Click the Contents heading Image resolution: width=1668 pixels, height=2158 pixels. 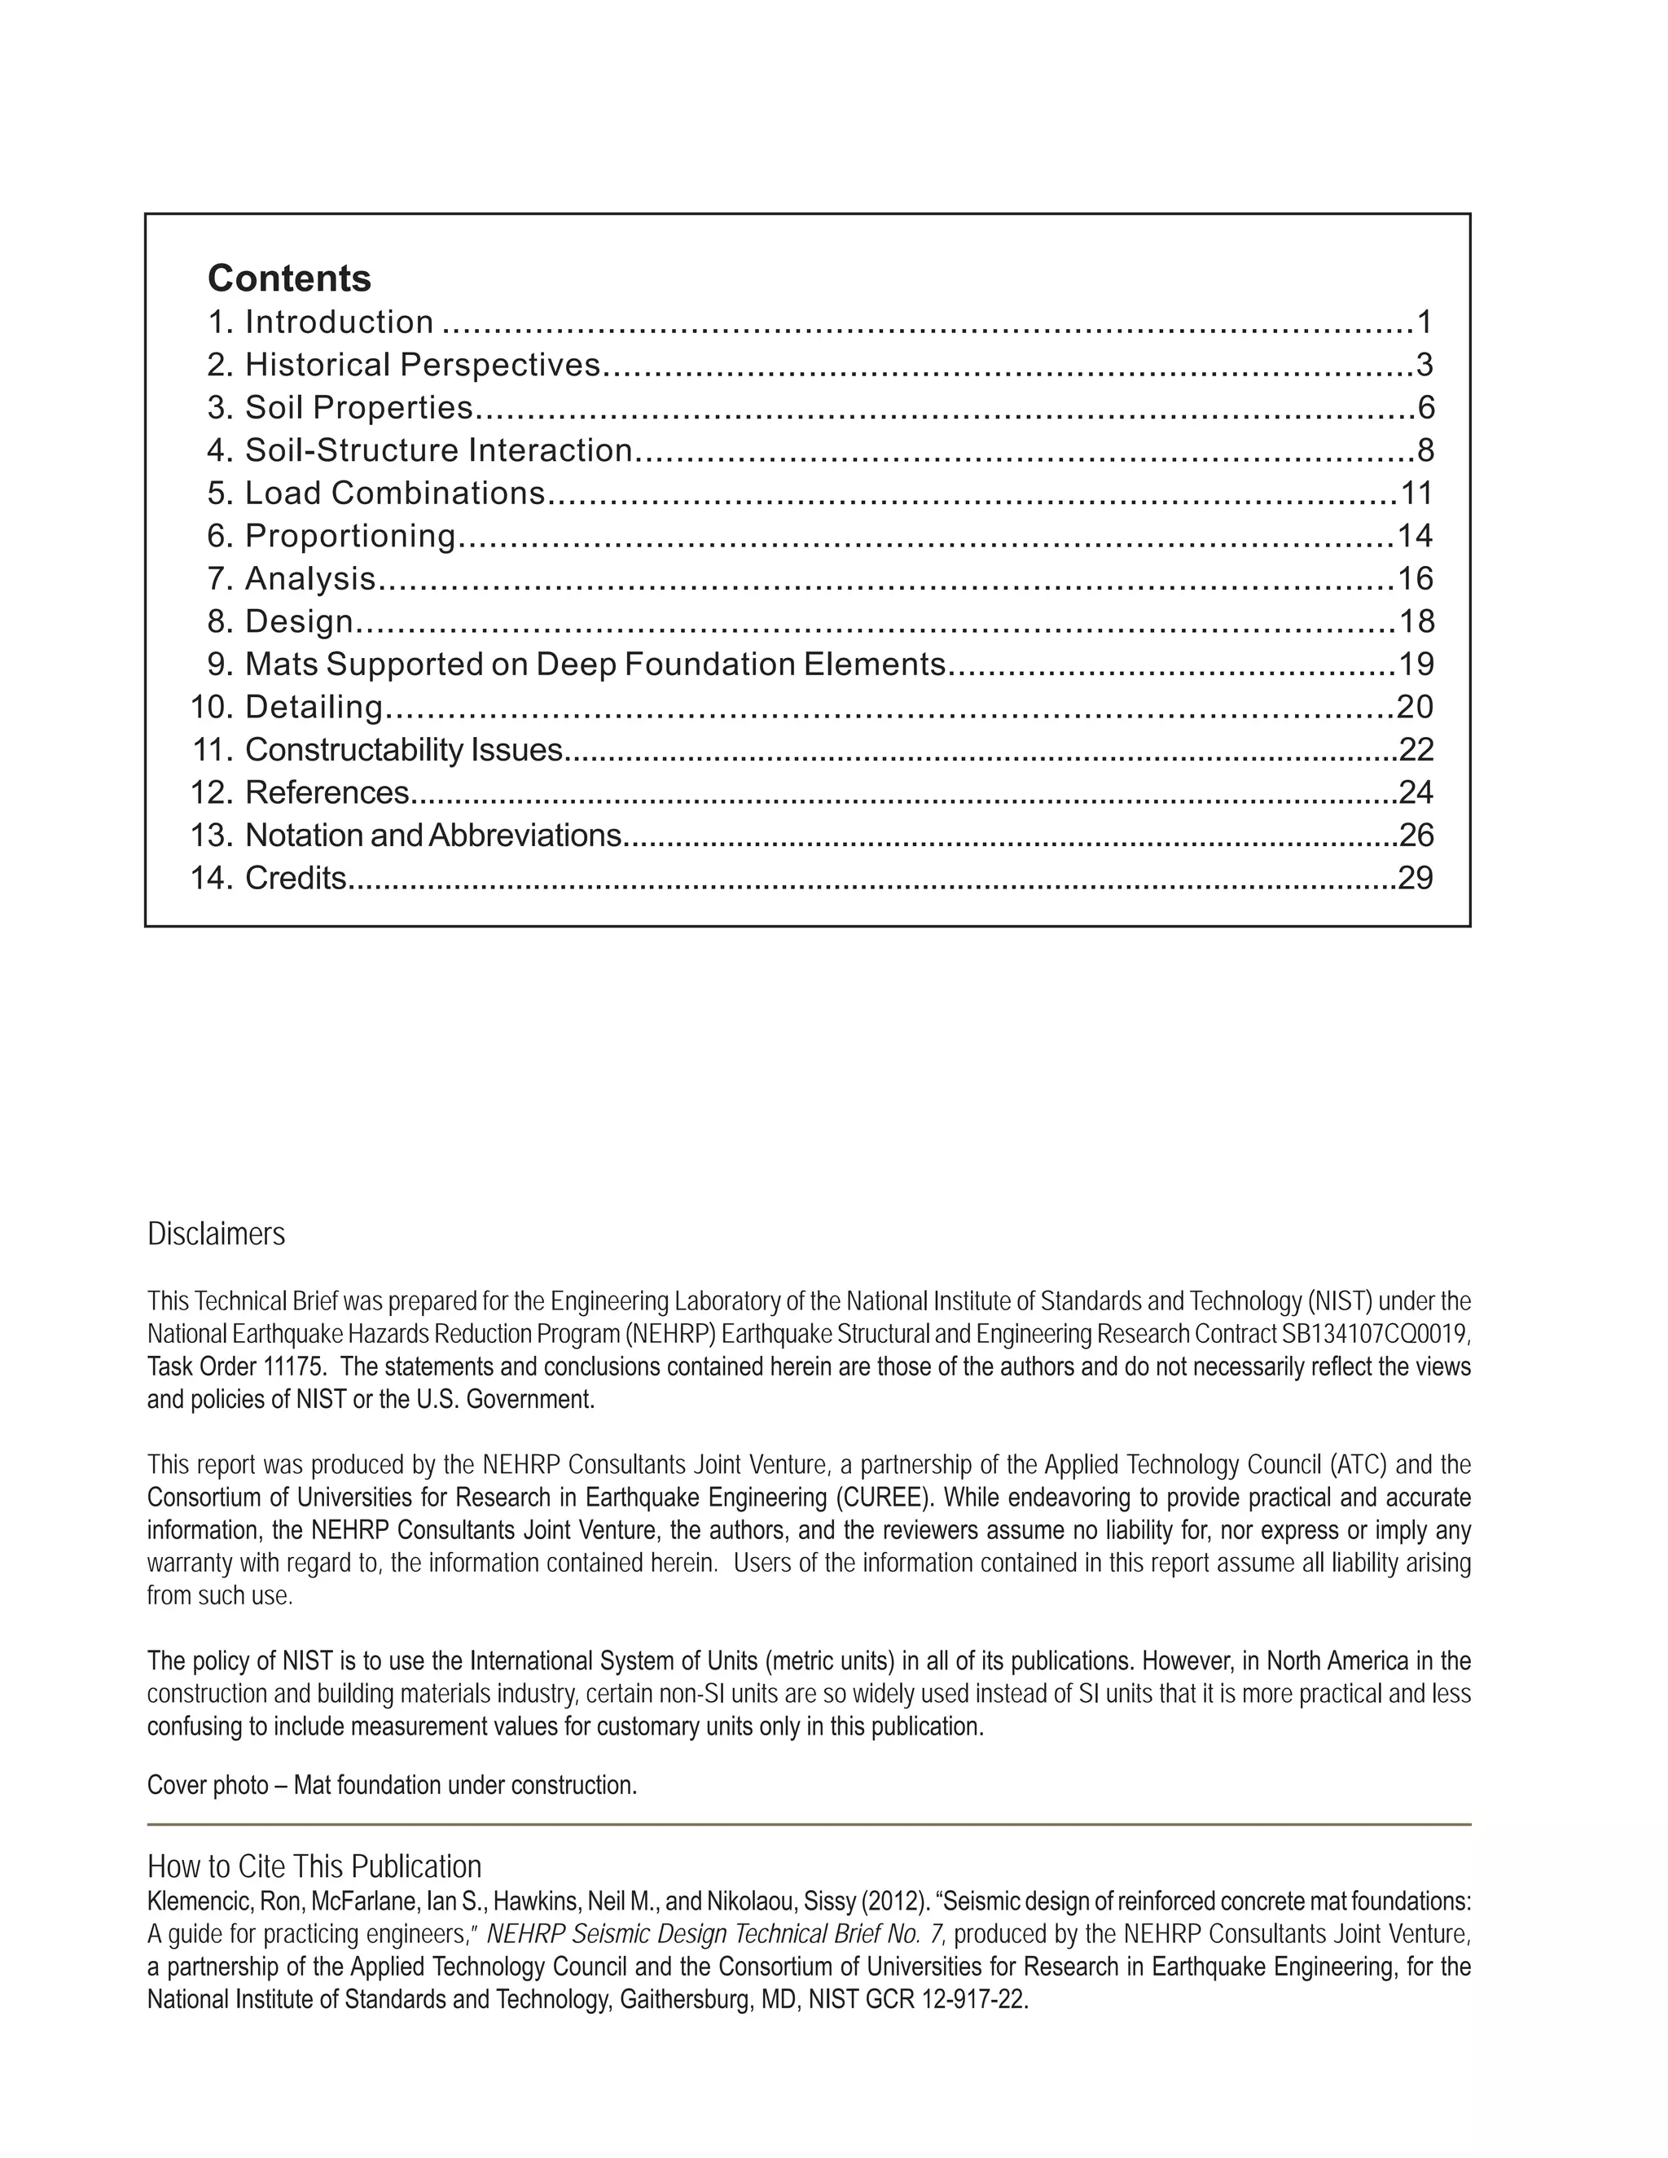[x=288, y=279]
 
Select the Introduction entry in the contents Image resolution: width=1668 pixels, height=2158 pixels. [x=339, y=322]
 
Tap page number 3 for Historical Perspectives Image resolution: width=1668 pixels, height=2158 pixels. [x=1424, y=365]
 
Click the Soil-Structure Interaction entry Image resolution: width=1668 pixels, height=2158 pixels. [x=437, y=450]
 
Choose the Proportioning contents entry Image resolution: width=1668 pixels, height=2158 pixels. [x=349, y=536]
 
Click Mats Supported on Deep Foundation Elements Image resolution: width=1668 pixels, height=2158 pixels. [x=595, y=664]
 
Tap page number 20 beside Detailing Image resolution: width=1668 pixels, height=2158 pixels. [x=1415, y=707]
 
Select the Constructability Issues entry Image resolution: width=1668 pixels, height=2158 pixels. [x=403, y=750]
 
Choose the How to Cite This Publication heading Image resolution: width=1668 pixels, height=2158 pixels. [x=314, y=1866]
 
